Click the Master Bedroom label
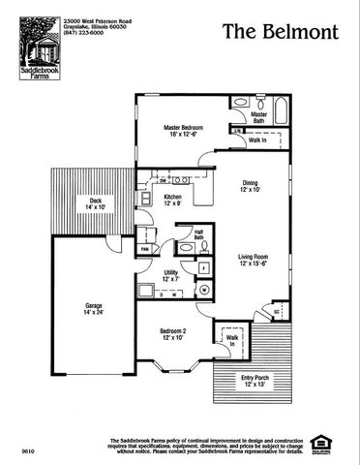[184, 131]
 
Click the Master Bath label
[258, 116]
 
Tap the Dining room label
[250, 186]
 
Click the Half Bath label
[198, 233]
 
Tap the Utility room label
[170, 276]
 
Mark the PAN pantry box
[144, 249]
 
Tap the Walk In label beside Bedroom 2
[231, 340]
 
